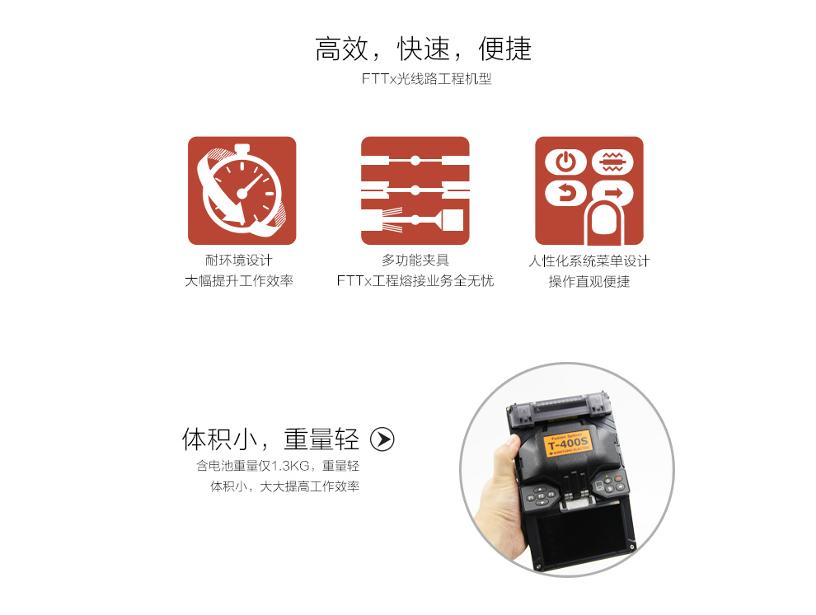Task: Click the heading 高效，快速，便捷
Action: pyautogui.click(x=423, y=49)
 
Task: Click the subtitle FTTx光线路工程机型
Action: pyautogui.click(x=427, y=78)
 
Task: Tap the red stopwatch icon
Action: pyautogui.click(x=242, y=190)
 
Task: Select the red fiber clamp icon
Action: pyautogui.click(x=415, y=190)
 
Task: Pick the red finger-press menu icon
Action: pyautogui.click(x=589, y=190)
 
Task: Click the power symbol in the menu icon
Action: pyautogui.click(x=565, y=162)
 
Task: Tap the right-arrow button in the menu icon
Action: pyautogui.click(x=613, y=193)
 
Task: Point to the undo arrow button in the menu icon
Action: pyautogui.click(x=565, y=194)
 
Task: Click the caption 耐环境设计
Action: pyautogui.click(x=239, y=260)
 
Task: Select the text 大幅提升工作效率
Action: pyautogui.click(x=239, y=280)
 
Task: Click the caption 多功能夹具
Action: pyautogui.click(x=415, y=260)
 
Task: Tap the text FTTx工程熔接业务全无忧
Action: pyautogui.click(x=415, y=280)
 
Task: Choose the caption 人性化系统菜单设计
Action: pyautogui.click(x=589, y=261)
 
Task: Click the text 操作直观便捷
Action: pyautogui.click(x=589, y=281)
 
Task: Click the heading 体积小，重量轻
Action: pyautogui.click(x=270, y=439)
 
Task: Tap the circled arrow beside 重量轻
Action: pyautogui.click(x=382, y=439)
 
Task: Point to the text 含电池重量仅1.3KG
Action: pyautogui.click(x=252, y=466)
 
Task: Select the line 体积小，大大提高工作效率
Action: pyautogui.click(x=284, y=486)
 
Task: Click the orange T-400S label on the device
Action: pyautogui.click(x=568, y=444)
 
